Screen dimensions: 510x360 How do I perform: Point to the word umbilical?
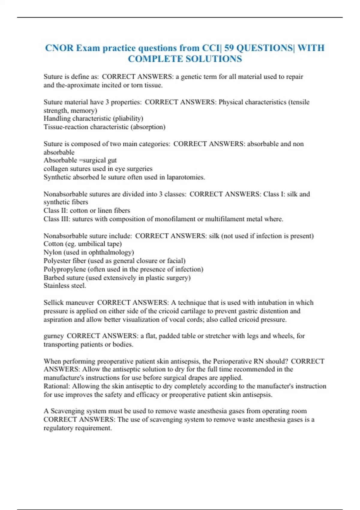(x=91, y=244)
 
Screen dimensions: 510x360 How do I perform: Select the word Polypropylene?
(x=64, y=269)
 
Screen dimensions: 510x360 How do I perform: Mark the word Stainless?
(x=56, y=286)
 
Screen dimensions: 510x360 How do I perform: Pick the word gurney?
(x=53, y=336)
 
